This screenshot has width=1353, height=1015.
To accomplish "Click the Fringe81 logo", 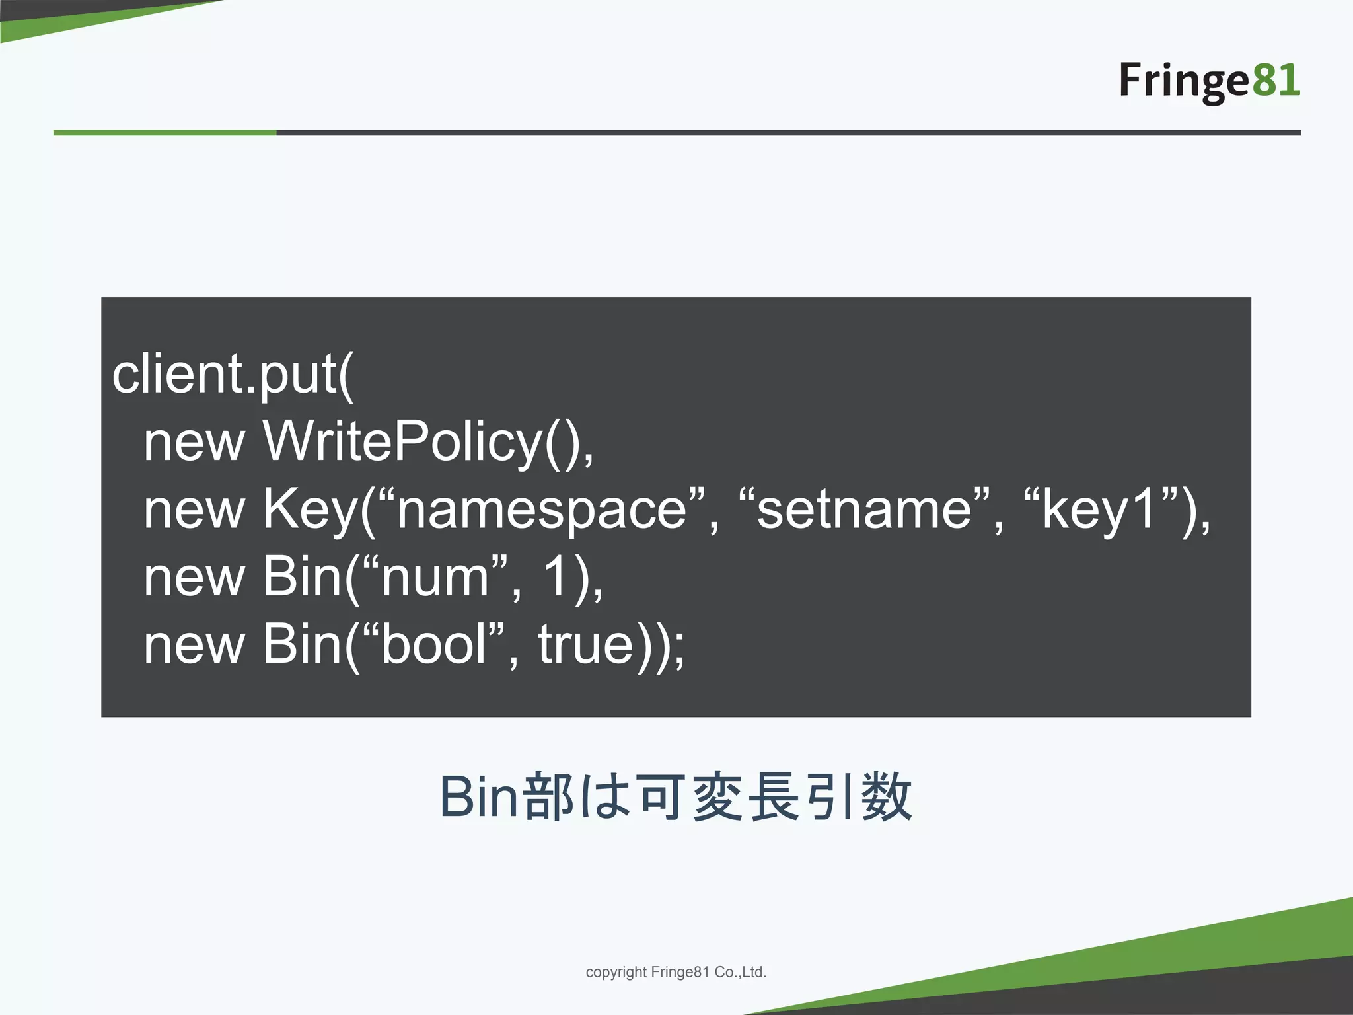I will (1208, 81).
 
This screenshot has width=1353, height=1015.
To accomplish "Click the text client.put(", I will (233, 375).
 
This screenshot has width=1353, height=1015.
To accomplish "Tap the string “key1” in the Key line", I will (1101, 509).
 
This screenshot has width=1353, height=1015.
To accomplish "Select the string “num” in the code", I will (436, 577).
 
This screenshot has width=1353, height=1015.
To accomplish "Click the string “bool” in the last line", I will (435, 644).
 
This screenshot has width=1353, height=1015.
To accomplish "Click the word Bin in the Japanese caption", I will (478, 797).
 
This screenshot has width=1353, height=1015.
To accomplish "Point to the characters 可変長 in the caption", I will (720, 797).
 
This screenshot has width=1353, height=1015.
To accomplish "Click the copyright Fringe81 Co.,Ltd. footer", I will (676, 972).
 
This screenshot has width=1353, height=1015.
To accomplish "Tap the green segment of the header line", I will (165, 133).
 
